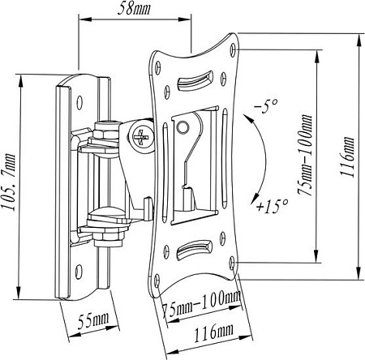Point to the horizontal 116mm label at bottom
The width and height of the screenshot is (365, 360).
(208, 333)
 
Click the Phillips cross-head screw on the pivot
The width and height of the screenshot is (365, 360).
(144, 135)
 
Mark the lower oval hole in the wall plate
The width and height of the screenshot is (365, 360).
(79, 272)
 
